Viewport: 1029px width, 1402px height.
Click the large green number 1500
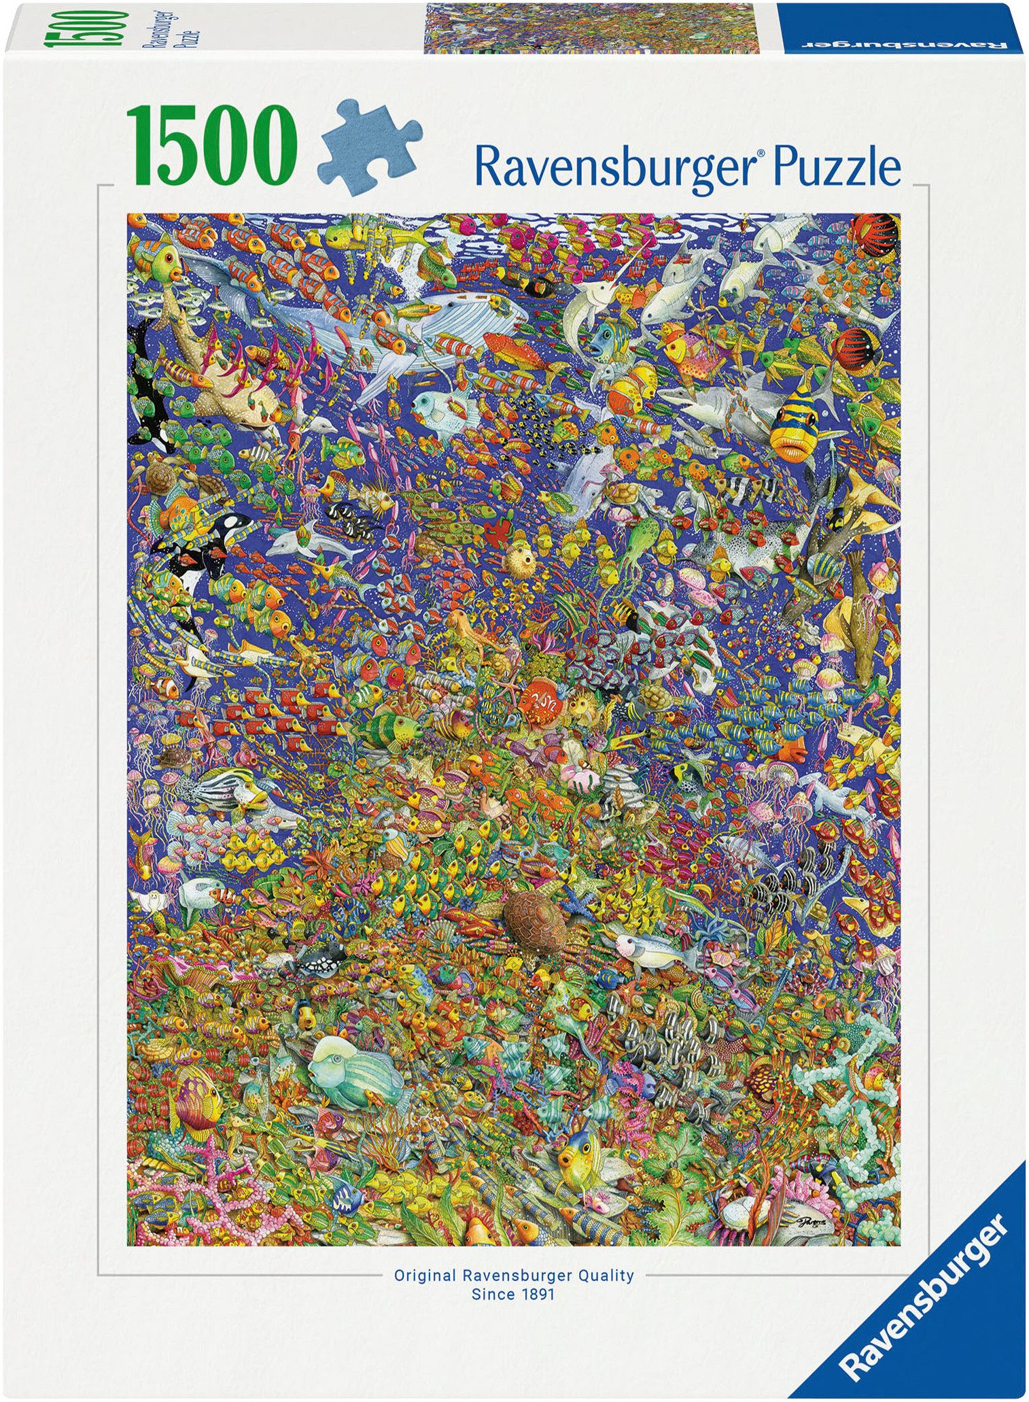click(x=211, y=145)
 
